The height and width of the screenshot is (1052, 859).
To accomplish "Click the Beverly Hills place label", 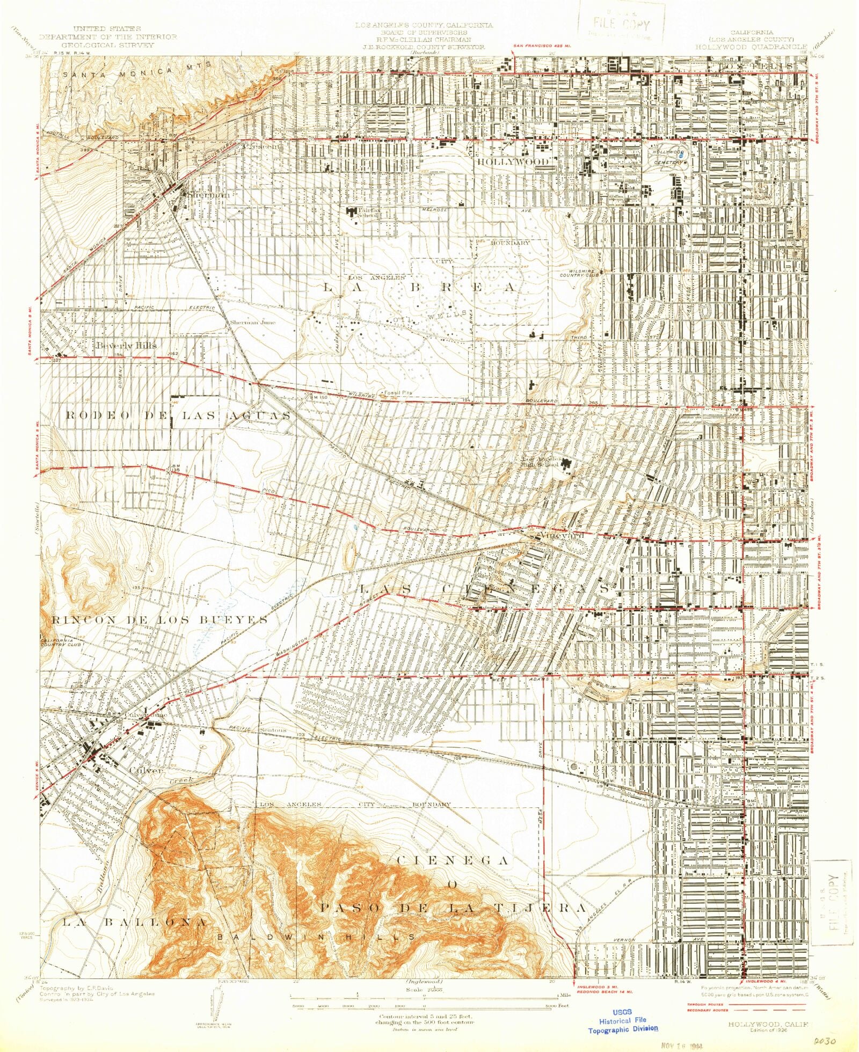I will tap(126, 345).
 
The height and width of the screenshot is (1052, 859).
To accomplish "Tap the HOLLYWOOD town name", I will tap(513, 161).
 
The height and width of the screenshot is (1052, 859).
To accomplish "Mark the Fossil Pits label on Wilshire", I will tap(397, 392).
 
